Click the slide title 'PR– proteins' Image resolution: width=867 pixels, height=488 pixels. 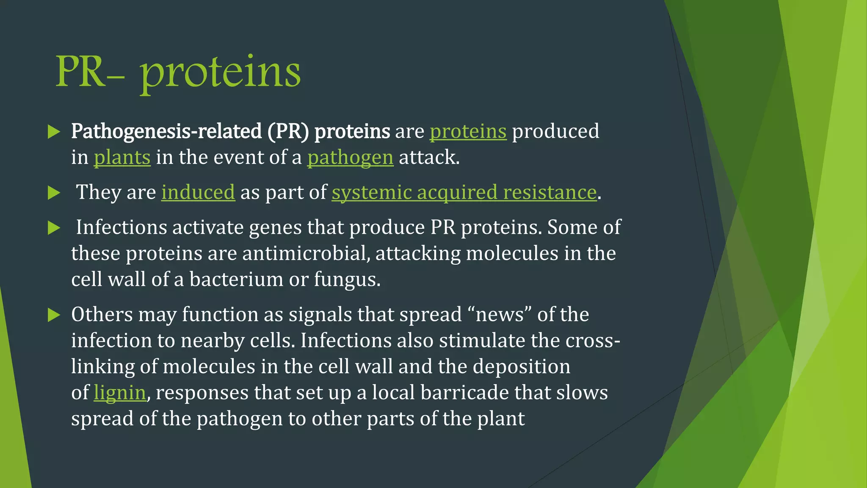[178, 72]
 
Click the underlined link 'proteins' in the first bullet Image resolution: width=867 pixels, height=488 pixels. [468, 131]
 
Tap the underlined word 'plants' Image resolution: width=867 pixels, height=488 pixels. [122, 158]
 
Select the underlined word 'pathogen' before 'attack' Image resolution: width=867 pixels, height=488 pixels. [350, 158]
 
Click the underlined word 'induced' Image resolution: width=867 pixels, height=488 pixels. [198, 192]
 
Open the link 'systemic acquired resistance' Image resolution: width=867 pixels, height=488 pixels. [464, 192]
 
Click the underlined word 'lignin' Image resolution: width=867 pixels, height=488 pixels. [120, 392]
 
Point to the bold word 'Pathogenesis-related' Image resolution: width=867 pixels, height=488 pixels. [166, 131]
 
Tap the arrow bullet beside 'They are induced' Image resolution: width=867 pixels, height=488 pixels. [54, 193]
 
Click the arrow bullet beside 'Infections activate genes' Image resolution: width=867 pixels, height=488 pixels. [54, 228]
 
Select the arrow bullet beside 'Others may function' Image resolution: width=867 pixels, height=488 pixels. [54, 315]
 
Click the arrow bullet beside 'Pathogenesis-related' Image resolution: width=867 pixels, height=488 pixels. [54, 132]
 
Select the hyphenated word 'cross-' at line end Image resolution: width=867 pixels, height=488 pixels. [593, 341]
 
